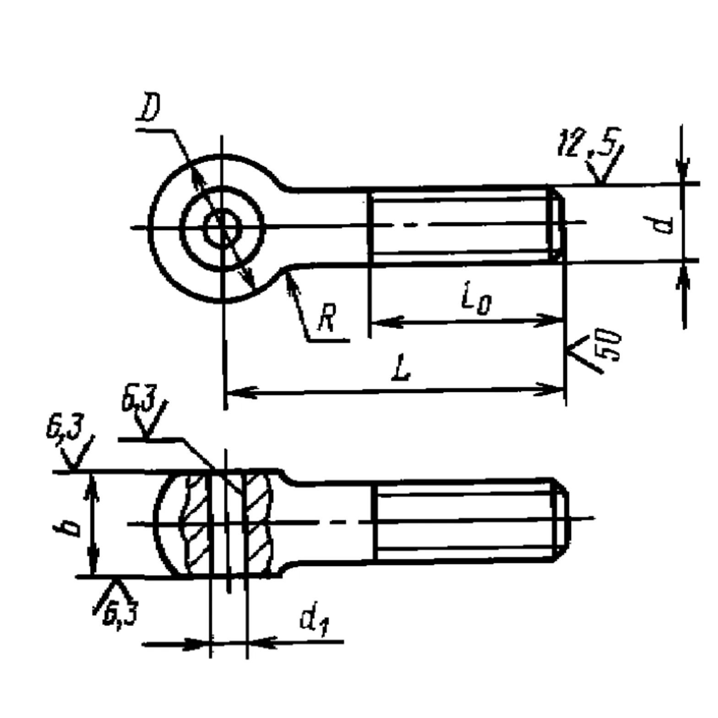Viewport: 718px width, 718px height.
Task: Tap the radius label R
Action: tap(327, 317)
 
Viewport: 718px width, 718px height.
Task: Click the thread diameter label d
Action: tap(664, 224)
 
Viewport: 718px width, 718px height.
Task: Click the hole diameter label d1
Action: tap(315, 622)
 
